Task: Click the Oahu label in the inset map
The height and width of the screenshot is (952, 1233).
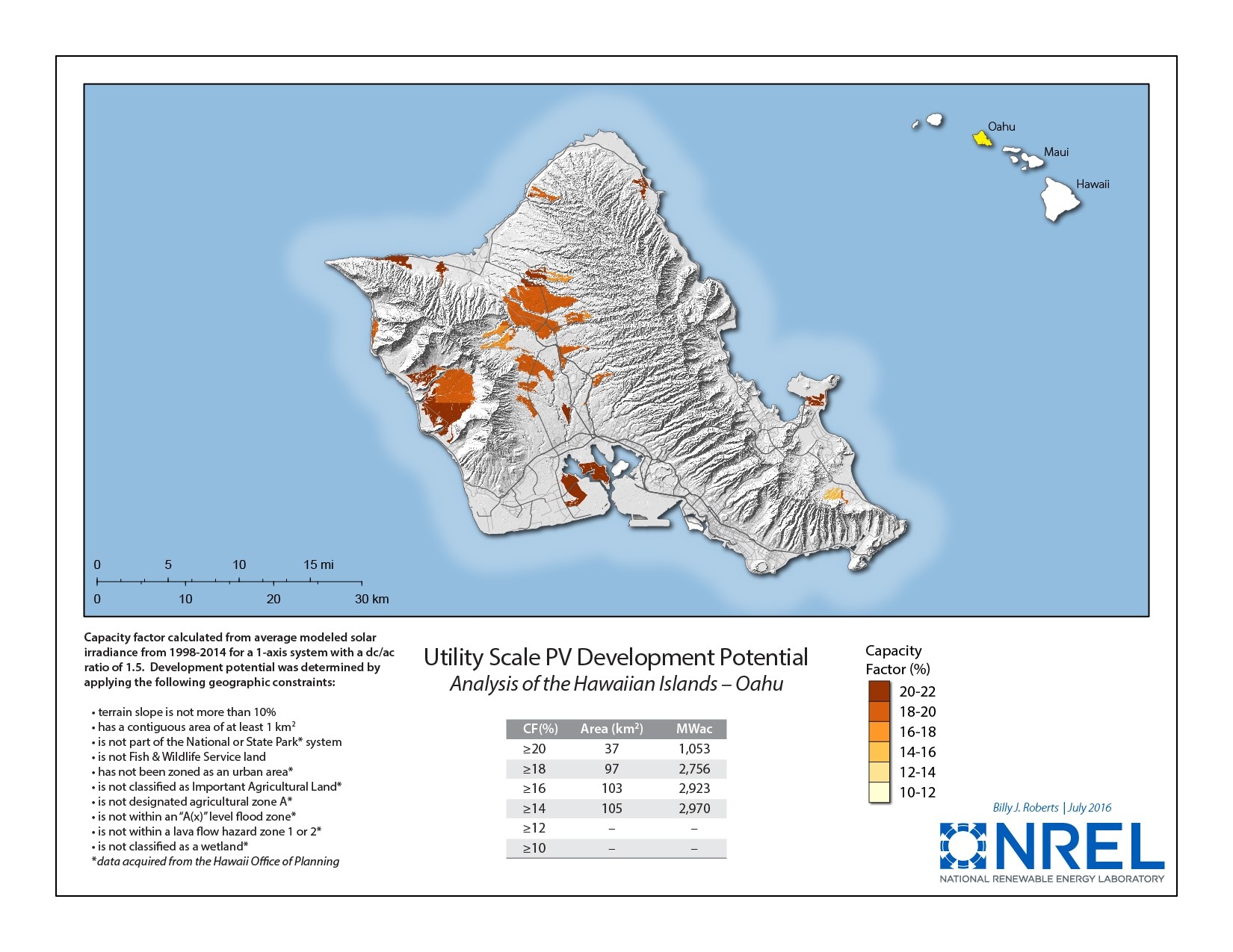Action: pyautogui.click(x=1001, y=127)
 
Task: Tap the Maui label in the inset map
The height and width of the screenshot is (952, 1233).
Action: pyautogui.click(x=1056, y=152)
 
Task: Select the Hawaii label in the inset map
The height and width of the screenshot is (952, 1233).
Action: pyautogui.click(x=1093, y=184)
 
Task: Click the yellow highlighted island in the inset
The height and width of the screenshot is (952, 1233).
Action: pyautogui.click(x=980, y=139)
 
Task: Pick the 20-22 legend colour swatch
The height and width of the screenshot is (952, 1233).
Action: pyautogui.click(x=880, y=691)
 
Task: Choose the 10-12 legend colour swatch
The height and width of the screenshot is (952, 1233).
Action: pyautogui.click(x=880, y=792)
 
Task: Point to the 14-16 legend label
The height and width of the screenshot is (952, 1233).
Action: pyautogui.click(x=917, y=753)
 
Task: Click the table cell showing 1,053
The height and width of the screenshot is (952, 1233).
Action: pyautogui.click(x=693, y=749)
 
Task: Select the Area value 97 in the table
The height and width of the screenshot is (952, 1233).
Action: pyautogui.click(x=611, y=769)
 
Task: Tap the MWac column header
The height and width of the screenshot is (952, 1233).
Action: pyautogui.click(x=693, y=729)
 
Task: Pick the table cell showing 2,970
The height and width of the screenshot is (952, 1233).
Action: pyautogui.click(x=693, y=809)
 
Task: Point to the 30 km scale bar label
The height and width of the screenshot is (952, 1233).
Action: pyautogui.click(x=371, y=599)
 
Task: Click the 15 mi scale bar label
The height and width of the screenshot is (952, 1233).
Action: pyautogui.click(x=318, y=565)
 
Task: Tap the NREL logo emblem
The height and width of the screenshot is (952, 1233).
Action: pyautogui.click(x=964, y=846)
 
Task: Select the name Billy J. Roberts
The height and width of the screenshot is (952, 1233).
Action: pyautogui.click(x=1025, y=808)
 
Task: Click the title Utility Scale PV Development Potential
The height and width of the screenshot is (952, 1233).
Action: pyautogui.click(x=616, y=658)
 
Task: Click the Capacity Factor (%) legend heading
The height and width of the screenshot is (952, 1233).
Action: pyautogui.click(x=897, y=660)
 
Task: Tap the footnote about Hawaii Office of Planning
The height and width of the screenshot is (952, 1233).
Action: pyautogui.click(x=215, y=862)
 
